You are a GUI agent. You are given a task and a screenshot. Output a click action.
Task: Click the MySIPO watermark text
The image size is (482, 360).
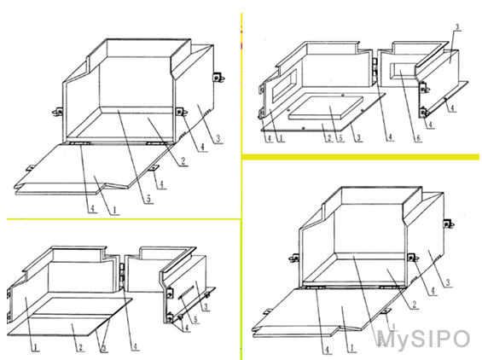pos(424,340)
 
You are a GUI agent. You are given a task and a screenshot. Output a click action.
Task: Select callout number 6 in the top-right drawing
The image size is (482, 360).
pos(418,138)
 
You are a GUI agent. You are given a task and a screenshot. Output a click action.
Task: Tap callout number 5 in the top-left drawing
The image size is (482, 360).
pos(148,200)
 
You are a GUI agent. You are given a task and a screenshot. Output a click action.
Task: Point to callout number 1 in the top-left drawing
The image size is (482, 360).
pos(114,211)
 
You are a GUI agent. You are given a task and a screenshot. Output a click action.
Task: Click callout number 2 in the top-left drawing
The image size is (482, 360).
pos(183,160)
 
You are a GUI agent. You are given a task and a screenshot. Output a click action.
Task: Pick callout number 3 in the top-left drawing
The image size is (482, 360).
pos(218,139)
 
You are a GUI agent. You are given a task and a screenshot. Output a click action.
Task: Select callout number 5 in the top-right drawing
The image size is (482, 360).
pos(340,137)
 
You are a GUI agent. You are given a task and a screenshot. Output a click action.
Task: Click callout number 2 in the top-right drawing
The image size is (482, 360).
pos(329,137)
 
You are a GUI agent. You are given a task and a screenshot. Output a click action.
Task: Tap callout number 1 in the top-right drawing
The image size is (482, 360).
pos(281,138)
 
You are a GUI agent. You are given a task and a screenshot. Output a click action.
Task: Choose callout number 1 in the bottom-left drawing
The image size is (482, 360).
pos(36,347)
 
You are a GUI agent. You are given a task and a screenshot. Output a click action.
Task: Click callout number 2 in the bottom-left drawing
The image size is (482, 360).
pos(80,347)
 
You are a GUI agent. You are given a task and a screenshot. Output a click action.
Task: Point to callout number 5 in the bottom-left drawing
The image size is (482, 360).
pos(195,320)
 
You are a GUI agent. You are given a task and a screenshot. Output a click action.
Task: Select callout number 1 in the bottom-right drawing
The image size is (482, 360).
pos(352,348)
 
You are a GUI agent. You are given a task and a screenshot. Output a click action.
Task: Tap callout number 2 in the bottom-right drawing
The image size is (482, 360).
pos(415,305)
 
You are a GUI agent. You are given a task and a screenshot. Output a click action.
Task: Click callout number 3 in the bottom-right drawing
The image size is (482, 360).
pos(448,282)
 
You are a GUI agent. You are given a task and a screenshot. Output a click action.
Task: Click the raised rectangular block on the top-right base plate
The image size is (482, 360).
pos(326,107)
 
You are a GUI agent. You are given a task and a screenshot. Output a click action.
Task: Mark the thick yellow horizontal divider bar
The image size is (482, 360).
pos(361,157)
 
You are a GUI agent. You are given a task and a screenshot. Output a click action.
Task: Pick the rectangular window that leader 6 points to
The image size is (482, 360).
pos(403,71)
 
